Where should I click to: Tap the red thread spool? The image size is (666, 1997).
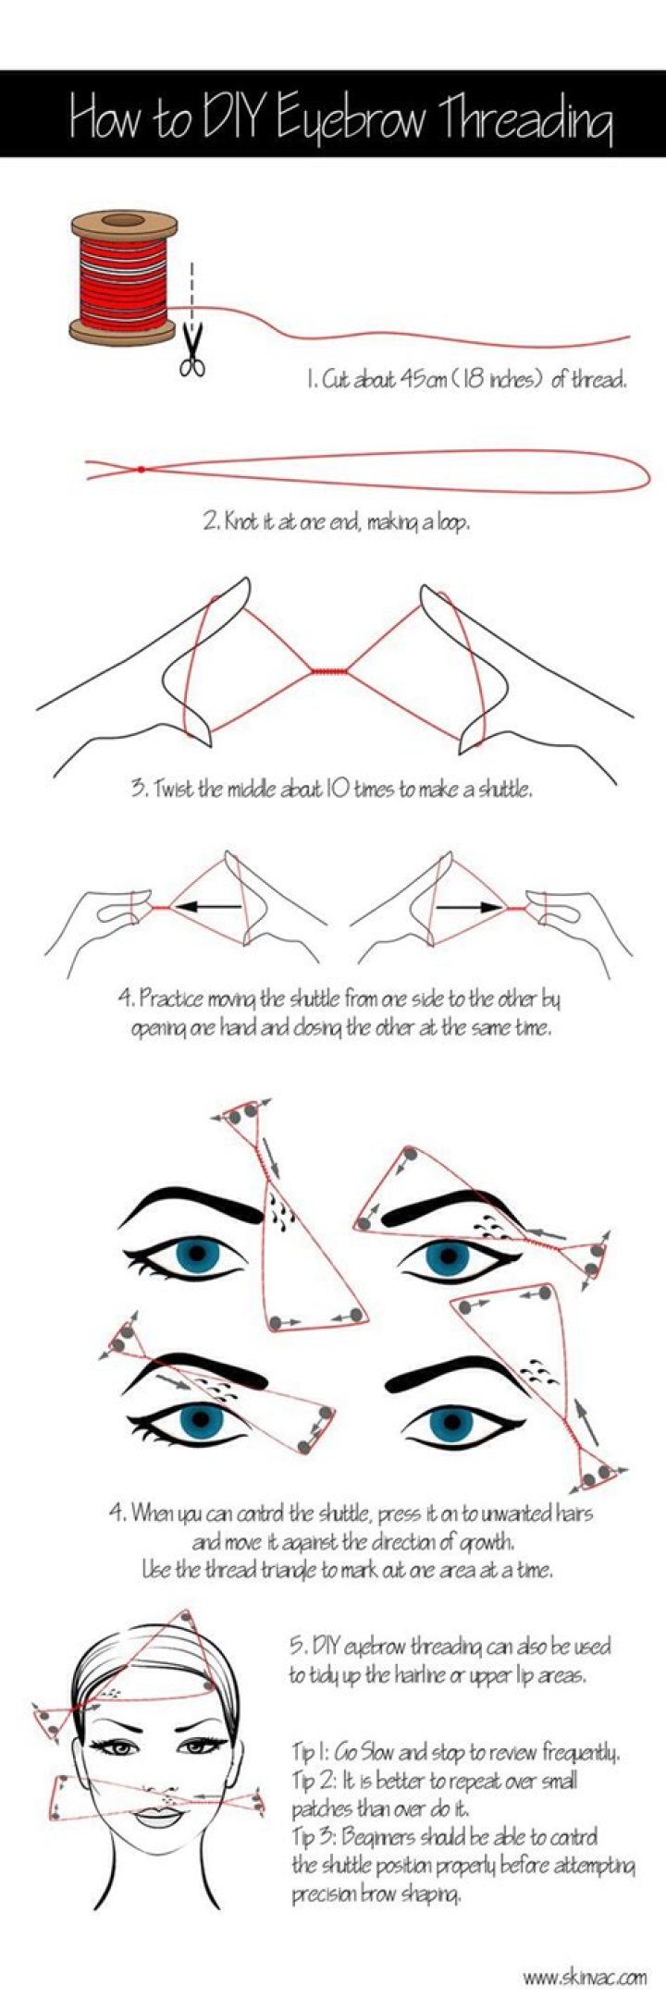123,276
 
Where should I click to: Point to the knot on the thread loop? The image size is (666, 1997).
141,470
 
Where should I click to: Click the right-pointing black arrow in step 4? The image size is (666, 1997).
467,908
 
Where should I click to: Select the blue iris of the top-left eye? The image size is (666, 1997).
200,1256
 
